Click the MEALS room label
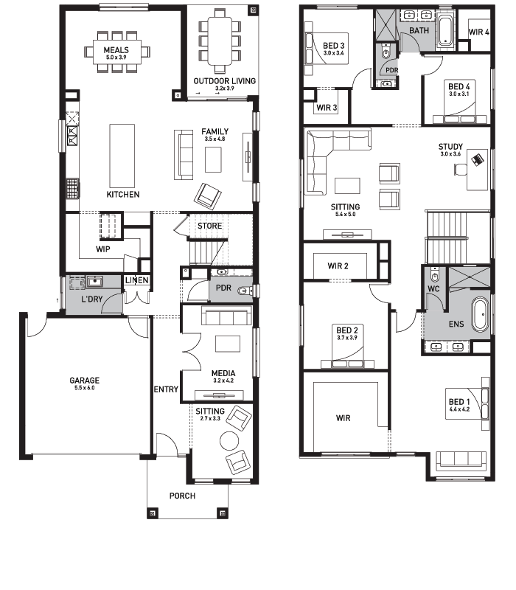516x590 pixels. [x=116, y=50]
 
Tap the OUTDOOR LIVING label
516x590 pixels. [x=225, y=81]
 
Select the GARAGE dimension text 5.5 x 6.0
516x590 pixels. [x=85, y=388]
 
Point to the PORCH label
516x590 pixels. [x=182, y=496]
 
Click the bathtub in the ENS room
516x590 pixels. [x=480, y=314]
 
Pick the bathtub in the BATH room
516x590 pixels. [x=445, y=31]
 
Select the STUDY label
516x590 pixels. [x=450, y=147]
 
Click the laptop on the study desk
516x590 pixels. [x=477, y=159]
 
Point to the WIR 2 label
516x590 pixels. [x=338, y=266]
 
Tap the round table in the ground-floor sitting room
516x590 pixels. [x=229, y=440]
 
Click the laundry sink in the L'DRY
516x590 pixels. [x=95, y=282]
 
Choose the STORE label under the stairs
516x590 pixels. [x=210, y=226]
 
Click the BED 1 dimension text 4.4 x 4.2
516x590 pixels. [x=459, y=409]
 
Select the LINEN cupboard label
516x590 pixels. [x=137, y=280]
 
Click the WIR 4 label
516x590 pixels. [x=478, y=32]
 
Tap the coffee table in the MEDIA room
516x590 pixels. [x=228, y=344]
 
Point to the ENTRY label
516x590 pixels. [x=166, y=389]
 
